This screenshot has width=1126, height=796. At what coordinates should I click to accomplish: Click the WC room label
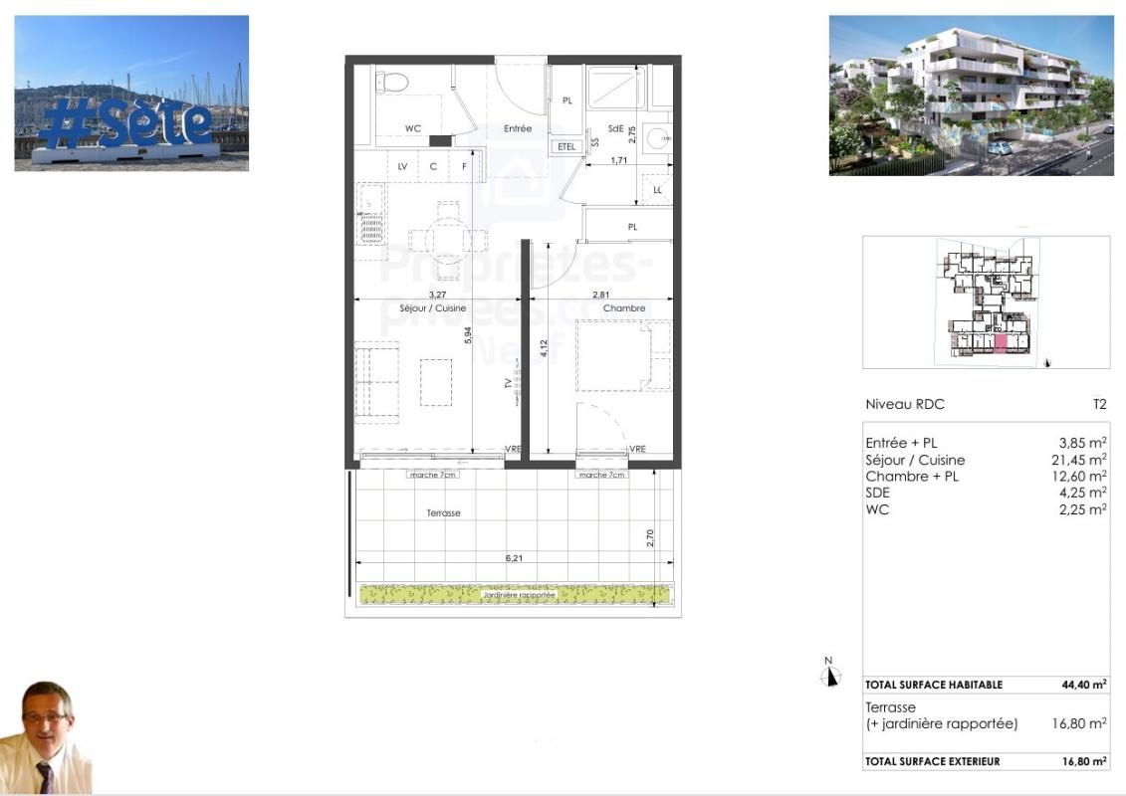(x=413, y=128)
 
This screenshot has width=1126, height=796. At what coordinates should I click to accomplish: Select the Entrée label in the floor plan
(x=518, y=128)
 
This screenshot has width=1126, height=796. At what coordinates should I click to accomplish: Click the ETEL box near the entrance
(x=566, y=146)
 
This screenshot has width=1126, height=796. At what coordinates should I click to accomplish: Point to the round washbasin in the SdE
(x=657, y=138)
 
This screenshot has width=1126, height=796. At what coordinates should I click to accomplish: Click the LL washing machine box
(x=657, y=190)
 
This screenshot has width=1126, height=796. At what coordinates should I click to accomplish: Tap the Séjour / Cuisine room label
(x=432, y=308)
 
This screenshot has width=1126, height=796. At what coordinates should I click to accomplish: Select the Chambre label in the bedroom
(x=624, y=308)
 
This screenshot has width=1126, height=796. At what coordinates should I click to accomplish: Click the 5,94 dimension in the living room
(x=467, y=336)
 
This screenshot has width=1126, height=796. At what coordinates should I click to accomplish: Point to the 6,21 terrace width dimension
(x=514, y=559)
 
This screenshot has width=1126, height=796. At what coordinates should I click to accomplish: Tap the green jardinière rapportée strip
(x=514, y=594)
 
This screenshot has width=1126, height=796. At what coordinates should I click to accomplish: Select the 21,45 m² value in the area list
(x=1083, y=460)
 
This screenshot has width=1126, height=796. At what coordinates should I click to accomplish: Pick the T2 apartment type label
(x=1099, y=405)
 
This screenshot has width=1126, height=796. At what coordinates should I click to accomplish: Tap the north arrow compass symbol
(x=829, y=675)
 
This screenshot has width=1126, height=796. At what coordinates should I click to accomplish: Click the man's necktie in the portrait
(x=46, y=776)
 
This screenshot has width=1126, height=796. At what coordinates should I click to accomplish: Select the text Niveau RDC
(x=904, y=405)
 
